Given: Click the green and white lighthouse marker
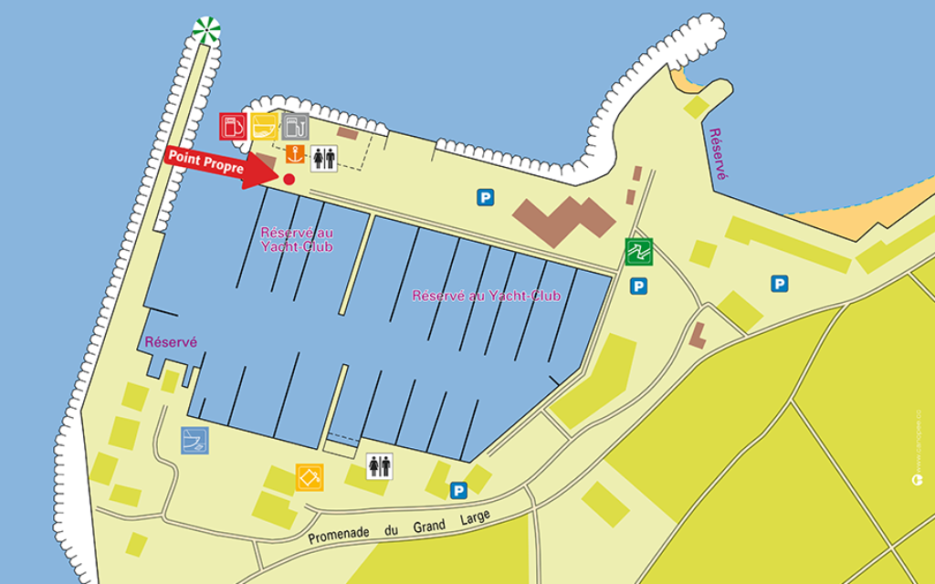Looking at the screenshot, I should [206, 30].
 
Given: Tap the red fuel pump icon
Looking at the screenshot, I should [233, 126].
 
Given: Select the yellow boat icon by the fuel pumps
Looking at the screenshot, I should [264, 126].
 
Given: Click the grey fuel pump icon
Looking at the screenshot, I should [295, 126].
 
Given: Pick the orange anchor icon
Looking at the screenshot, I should [295, 154].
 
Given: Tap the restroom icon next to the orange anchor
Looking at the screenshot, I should [324, 158].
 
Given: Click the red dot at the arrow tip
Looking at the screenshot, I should [289, 179].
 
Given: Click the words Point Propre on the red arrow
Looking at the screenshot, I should [205, 162].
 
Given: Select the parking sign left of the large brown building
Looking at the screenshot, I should [486, 196].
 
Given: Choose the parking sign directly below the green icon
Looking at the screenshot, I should [638, 287].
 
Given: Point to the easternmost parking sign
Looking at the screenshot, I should [779, 284].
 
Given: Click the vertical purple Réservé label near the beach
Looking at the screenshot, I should [719, 153].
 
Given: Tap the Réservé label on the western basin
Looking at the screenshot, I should [171, 341].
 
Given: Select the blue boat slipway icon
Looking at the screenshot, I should [194, 440].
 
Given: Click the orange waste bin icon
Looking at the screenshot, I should [309, 476].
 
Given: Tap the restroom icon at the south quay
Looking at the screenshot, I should [379, 466].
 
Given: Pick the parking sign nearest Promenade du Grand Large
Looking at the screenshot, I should [458, 491].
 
